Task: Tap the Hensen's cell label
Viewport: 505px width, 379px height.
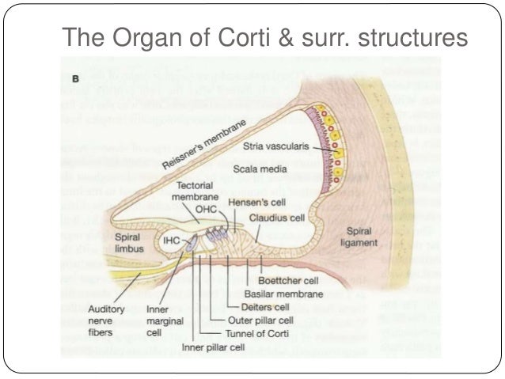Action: [254, 203]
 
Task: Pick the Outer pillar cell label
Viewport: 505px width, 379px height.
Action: [260, 320]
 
